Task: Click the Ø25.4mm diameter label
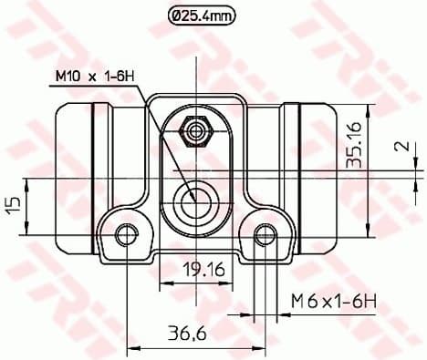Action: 201,15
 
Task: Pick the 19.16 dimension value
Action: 197,270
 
